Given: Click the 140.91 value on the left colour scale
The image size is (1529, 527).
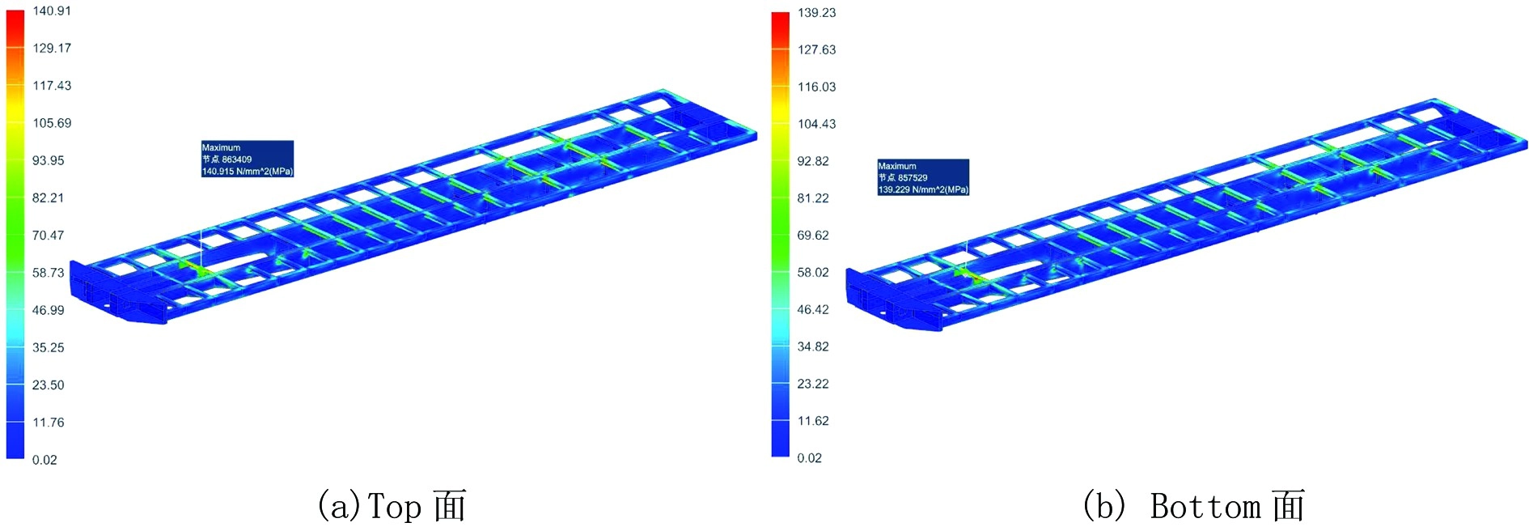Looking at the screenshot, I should point(52,11).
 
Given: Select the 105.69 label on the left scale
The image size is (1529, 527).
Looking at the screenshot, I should point(52,123).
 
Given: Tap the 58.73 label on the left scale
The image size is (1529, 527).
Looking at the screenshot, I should point(48,273).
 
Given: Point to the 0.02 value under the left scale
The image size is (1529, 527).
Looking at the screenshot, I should point(44,460).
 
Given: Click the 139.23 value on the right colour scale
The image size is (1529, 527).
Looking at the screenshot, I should point(816,13).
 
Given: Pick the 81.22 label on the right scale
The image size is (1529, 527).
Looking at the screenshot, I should point(812,198).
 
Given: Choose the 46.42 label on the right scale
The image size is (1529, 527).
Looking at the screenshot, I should point(812,310).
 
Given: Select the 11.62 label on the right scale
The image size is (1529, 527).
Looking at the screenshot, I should point(812,421).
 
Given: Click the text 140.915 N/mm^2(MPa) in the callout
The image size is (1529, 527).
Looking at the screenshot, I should point(247,172).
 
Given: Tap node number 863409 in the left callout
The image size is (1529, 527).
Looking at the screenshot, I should point(236,159).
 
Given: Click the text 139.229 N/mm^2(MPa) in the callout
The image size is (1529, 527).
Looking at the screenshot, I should point(922,189).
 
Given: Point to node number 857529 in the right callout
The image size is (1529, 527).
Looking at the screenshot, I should point(913,177).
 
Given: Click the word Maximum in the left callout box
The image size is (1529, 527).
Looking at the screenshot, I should point(221,147).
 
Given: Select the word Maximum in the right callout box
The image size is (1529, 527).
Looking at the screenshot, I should point(897,166).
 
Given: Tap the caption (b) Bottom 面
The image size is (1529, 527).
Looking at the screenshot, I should point(1193,507).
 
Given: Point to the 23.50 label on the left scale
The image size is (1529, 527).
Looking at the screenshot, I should point(48,385).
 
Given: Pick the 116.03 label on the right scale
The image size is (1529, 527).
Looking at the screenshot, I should point(816,87).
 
